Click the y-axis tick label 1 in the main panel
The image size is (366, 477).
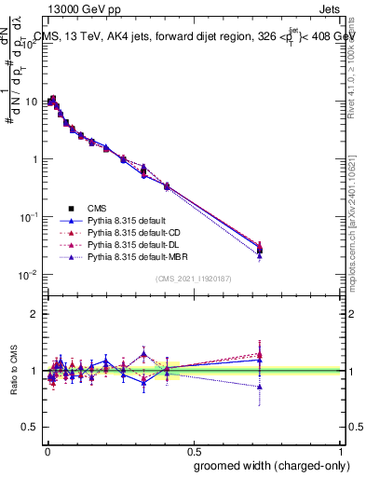(34, 159)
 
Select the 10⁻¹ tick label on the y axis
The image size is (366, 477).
(29, 216)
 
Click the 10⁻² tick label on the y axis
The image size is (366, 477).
(29, 274)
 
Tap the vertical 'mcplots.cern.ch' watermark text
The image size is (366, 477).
(355, 224)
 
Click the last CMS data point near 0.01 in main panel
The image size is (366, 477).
(260, 250)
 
